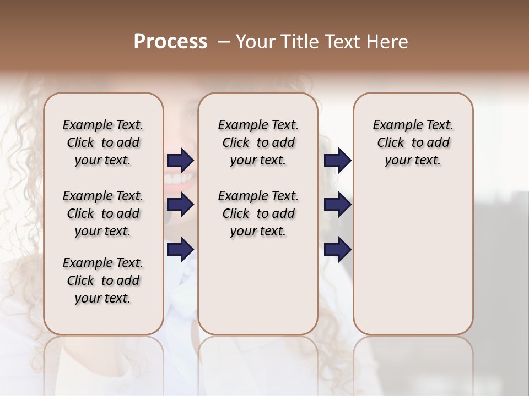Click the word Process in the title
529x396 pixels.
point(170,42)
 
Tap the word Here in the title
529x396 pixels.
point(385,42)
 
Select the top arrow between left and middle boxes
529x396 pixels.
point(180,161)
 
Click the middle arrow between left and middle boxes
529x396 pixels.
point(180,205)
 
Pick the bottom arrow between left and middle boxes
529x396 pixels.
point(180,249)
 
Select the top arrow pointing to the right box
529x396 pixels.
point(337,161)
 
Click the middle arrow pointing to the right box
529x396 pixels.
point(337,205)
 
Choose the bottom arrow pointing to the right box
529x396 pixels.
point(337,249)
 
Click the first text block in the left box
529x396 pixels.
point(103,142)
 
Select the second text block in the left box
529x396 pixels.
point(103,213)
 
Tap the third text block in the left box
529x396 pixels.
point(103,280)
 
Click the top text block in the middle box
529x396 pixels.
point(258,142)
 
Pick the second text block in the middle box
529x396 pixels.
point(258,213)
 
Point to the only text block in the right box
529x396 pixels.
point(413,142)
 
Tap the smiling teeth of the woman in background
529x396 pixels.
point(179,179)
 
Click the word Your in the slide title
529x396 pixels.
point(255,42)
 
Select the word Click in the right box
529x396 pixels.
point(391,143)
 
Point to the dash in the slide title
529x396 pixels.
point(224,42)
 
